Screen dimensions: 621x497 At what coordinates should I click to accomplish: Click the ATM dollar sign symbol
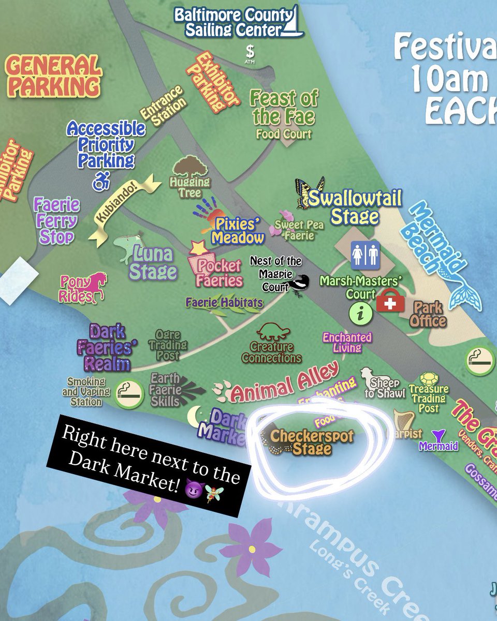pyautogui.click(x=251, y=51)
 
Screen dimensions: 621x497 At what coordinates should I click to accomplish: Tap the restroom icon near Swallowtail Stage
pyautogui.click(x=366, y=255)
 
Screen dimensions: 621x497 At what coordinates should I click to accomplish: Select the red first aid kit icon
pyautogui.click(x=390, y=302)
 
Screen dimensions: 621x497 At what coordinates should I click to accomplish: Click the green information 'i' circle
pyautogui.click(x=361, y=313)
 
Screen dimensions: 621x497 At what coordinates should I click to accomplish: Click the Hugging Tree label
pyautogui.click(x=190, y=187)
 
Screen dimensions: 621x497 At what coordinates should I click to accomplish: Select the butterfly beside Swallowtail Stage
pyautogui.click(x=309, y=193)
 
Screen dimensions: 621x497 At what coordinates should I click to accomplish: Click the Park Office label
pyautogui.click(x=428, y=314)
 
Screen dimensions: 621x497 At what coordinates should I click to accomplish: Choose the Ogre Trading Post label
pyautogui.click(x=168, y=345)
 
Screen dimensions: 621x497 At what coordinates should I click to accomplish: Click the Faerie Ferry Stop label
pyautogui.click(x=57, y=221)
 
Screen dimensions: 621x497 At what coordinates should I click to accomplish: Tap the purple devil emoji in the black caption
pyautogui.click(x=193, y=489)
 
